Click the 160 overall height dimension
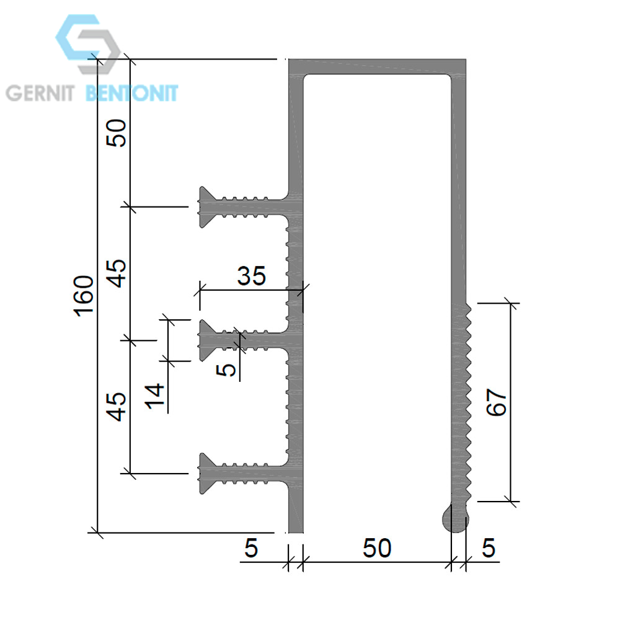[x=84, y=296]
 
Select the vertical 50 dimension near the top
[x=117, y=133]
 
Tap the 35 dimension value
[x=252, y=276]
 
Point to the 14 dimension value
[x=154, y=396]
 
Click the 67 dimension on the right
[x=496, y=402]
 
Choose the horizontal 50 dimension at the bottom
[x=377, y=548]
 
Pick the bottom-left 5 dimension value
[x=252, y=548]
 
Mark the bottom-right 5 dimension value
[x=489, y=548]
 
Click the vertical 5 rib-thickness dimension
[x=226, y=370]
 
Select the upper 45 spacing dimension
[x=117, y=273]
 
